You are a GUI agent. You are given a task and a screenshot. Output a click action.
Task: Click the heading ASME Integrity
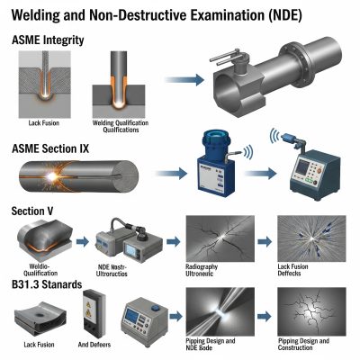pos(49,40)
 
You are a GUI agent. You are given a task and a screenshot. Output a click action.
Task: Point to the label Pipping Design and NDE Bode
pos(216,346)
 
